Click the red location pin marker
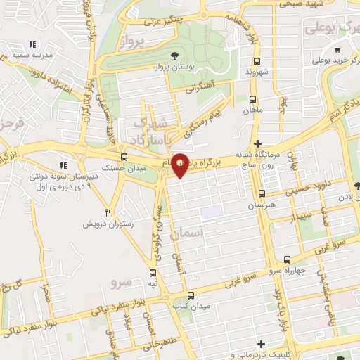click(x=181, y=165)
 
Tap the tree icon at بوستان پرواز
click(x=174, y=55)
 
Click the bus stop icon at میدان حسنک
click(x=124, y=157)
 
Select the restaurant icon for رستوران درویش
click(x=108, y=212)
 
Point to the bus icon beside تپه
click(x=153, y=273)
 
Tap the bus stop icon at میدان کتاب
click(x=193, y=295)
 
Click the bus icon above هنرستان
click(x=262, y=193)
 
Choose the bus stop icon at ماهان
click(x=252, y=99)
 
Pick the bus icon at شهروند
click(x=257, y=61)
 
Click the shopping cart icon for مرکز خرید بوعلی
click(x=337, y=50)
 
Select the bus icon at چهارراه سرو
click(x=287, y=260)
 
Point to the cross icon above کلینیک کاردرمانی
click(x=261, y=344)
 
